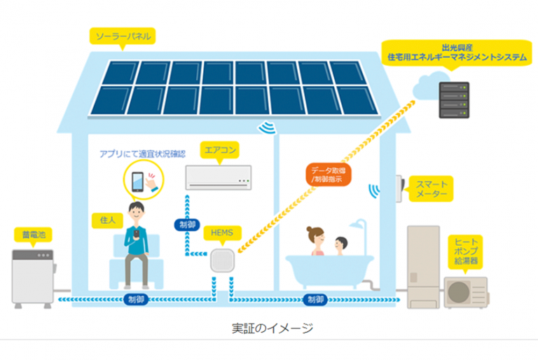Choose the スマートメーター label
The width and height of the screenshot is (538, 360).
(431, 188)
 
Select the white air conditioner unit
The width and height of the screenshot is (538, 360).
(219, 176)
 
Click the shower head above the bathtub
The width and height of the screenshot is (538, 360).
(359, 226)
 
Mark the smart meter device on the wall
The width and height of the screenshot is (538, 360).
(399, 187)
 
